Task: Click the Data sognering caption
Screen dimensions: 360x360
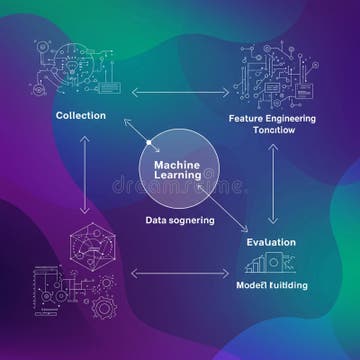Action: pos(180,222)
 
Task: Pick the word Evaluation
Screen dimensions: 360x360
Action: pos(273,242)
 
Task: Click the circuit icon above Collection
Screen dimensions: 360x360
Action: pos(65,65)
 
